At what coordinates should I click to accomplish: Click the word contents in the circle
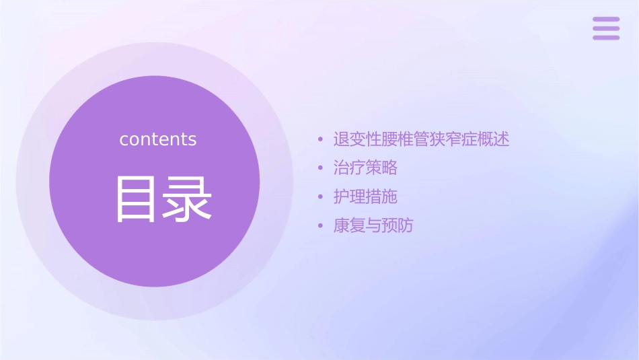(x=157, y=139)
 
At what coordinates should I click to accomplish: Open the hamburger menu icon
(x=606, y=28)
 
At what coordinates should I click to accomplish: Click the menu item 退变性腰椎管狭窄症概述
(x=421, y=139)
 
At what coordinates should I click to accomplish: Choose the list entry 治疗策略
(x=365, y=168)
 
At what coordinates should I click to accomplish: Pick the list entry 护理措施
(x=365, y=196)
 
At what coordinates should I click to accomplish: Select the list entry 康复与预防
(x=373, y=225)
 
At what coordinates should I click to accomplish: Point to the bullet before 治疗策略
(x=321, y=168)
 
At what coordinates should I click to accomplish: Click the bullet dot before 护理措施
(x=321, y=197)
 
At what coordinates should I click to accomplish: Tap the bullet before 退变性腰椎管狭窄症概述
(x=321, y=140)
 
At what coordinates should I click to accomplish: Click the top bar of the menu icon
(x=606, y=20)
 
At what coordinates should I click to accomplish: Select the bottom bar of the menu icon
(x=606, y=37)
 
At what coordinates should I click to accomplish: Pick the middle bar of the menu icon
(x=606, y=28)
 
